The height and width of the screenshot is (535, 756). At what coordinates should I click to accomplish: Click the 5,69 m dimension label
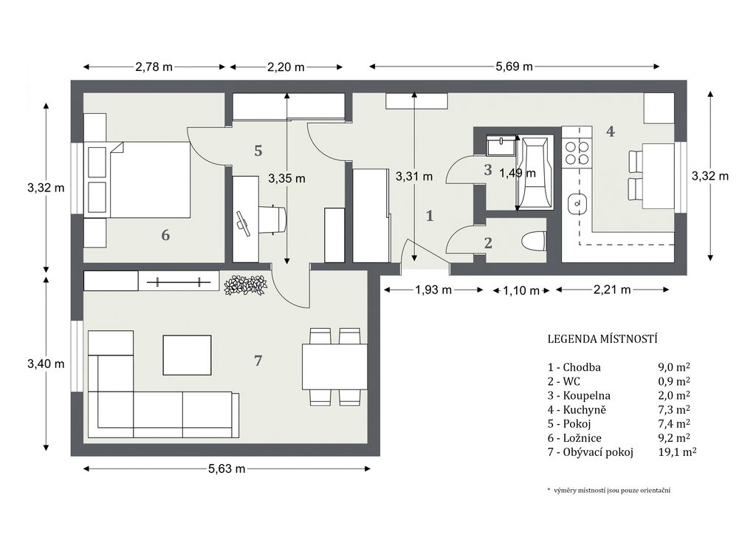pos(514,67)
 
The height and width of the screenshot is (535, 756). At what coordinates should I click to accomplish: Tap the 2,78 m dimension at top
pos(154,67)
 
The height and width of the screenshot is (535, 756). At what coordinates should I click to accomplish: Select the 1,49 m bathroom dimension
pos(518,173)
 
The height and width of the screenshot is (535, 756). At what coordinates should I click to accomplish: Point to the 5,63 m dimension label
pos(227,468)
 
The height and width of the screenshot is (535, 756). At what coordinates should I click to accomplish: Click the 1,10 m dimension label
pos(521,290)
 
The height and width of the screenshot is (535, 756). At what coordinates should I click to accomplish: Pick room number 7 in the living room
pos(258,361)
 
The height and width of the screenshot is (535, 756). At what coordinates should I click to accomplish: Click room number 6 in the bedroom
pos(165,235)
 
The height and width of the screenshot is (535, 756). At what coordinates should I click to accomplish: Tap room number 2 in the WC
pos(488,243)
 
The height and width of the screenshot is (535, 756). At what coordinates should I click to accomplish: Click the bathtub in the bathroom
pos(535,174)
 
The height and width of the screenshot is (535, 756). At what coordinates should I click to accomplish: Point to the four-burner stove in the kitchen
pos(577,152)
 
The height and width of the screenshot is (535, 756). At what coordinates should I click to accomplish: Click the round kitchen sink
pos(577,203)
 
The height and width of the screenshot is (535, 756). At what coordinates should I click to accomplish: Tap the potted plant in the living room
pos(246,284)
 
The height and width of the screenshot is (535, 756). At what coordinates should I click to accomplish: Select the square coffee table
pos(187,355)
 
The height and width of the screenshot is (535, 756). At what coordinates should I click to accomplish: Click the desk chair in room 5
pos(273,220)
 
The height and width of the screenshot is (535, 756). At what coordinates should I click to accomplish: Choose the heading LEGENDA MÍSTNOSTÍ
pos(602,338)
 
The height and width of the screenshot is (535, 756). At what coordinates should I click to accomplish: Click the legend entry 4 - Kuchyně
pos(577,409)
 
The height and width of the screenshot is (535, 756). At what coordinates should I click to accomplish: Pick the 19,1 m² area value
pos(677,452)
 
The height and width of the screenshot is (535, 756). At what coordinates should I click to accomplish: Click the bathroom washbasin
pos(501,146)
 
